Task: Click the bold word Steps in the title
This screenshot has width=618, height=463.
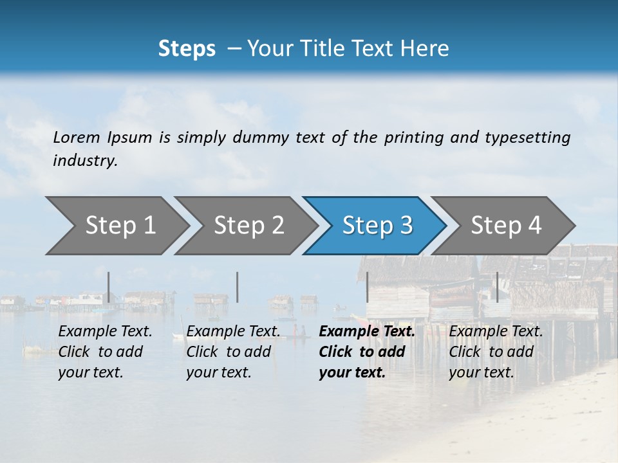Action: pyautogui.click(x=187, y=49)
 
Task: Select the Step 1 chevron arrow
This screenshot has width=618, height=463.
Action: pyautogui.click(x=119, y=226)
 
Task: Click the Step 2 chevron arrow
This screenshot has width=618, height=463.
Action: pyautogui.click(x=248, y=226)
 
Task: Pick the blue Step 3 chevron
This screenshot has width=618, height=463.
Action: pyautogui.click(x=377, y=226)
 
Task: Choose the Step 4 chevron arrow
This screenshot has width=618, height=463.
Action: pyautogui.click(x=505, y=226)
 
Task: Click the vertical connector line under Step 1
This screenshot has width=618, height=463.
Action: pyautogui.click(x=109, y=287)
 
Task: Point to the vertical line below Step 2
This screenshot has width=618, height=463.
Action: pyautogui.click(x=238, y=287)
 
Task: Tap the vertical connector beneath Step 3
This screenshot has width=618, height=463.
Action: pyautogui.click(x=367, y=287)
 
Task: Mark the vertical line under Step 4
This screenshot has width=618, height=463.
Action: pyautogui.click(x=497, y=287)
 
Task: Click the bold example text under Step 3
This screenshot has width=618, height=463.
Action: pyautogui.click(x=366, y=352)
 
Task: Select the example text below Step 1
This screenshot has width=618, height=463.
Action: pyautogui.click(x=104, y=352)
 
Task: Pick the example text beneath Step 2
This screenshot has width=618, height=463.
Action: pyautogui.click(x=232, y=352)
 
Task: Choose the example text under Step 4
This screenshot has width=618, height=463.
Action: pyautogui.click(x=495, y=352)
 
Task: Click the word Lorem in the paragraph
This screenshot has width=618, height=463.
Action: pyautogui.click(x=77, y=138)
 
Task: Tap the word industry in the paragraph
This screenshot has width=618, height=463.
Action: pyautogui.click(x=84, y=161)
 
